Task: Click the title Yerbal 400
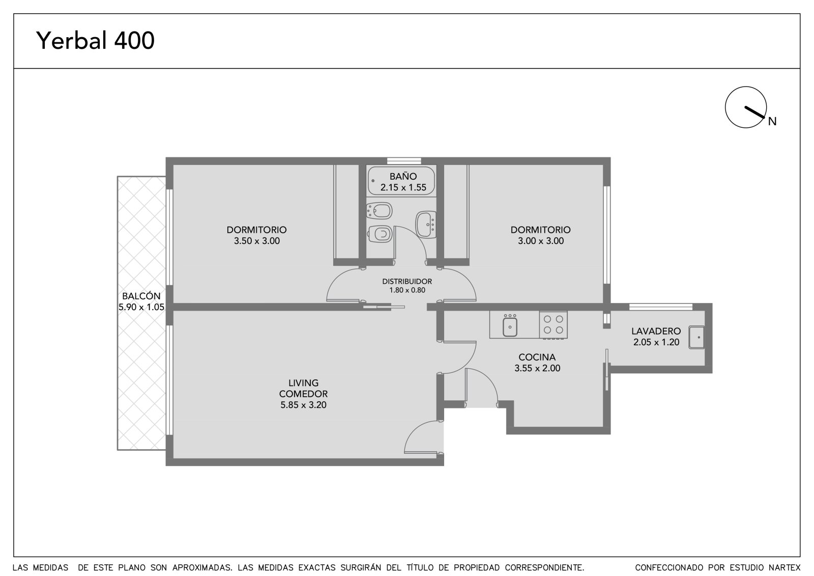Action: coord(95,40)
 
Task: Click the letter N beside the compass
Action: coord(772,122)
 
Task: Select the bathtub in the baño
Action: coord(401,181)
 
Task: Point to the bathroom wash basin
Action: coord(426,225)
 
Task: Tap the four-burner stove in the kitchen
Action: coord(553,324)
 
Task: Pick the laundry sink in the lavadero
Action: coord(696,337)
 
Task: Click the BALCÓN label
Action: coord(141,296)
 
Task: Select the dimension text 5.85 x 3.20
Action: coord(303,404)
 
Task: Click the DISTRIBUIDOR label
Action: coord(407,281)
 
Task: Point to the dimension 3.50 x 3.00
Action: coord(257,240)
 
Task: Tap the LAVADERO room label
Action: coord(656,331)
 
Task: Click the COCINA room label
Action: coord(537,357)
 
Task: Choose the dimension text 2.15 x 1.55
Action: coord(403,187)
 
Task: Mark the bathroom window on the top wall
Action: coord(404,161)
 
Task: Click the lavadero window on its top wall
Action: coord(661,307)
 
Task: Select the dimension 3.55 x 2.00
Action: coord(537,368)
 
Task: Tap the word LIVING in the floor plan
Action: coord(303,383)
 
